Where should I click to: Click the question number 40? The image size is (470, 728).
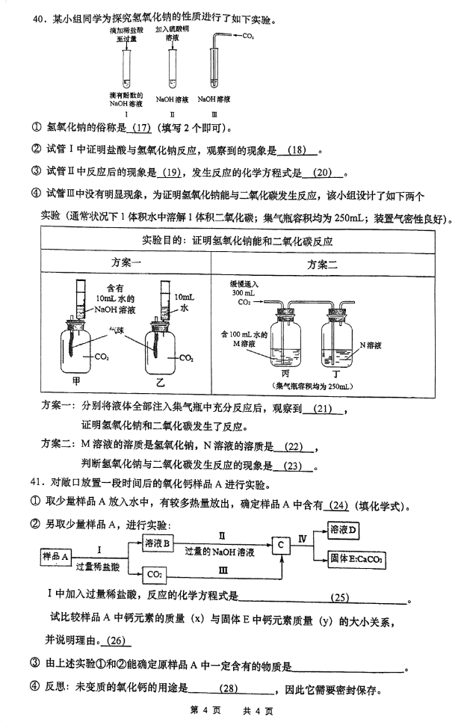coord(38,19)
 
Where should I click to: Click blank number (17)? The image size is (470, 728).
coord(142,127)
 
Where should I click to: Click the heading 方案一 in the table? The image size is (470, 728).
coord(126,262)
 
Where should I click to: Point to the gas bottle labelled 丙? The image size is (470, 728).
coord(285,338)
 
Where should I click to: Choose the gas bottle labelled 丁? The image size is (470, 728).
coord(337,338)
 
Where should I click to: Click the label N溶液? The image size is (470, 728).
coord(371,345)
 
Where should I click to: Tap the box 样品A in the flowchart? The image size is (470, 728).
coord(56,556)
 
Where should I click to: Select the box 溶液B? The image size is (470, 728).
coord(157,543)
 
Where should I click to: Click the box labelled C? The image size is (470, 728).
coord(281,545)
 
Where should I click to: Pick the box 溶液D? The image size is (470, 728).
coord(343,530)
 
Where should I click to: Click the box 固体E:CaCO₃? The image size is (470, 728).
coord(356,559)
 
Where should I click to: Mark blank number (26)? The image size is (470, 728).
coord(116,641)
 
